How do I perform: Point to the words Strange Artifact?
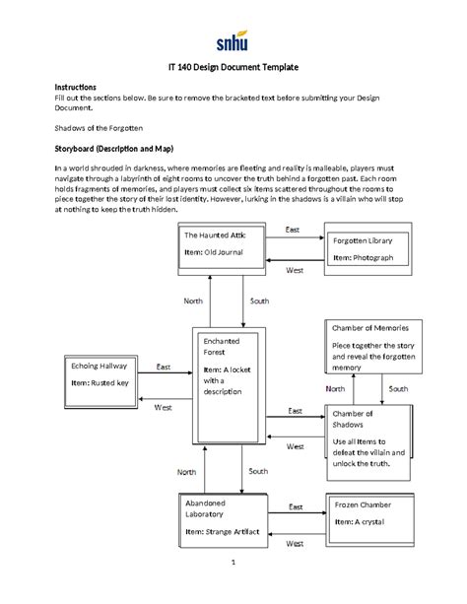pyautogui.click(x=233, y=531)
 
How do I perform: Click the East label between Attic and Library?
pyautogui.click(x=292, y=230)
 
